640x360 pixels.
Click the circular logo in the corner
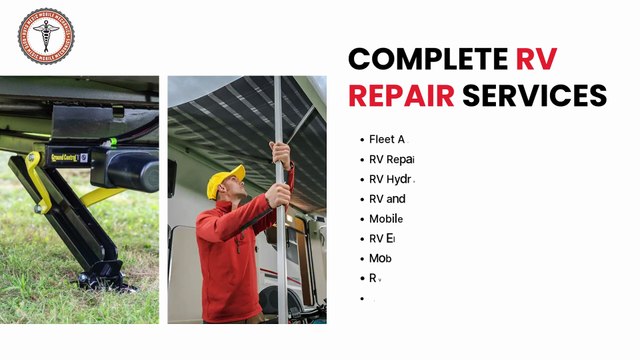pyautogui.click(x=46, y=37)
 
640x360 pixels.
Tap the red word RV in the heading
pyautogui.click(x=536, y=58)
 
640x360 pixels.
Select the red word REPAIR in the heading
pyautogui.click(x=400, y=96)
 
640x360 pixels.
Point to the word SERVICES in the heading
pyautogui.click(x=534, y=96)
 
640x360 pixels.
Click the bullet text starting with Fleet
pyautogui.click(x=387, y=139)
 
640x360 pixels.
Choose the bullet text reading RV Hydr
pyautogui.click(x=391, y=179)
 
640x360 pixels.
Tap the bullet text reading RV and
pyautogui.click(x=387, y=199)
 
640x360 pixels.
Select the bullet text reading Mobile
pyautogui.click(x=386, y=219)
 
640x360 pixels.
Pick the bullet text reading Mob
pyautogui.click(x=380, y=258)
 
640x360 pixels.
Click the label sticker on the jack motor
pyautogui.click(x=68, y=156)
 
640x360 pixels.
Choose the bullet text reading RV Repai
pyautogui.click(x=391, y=159)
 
